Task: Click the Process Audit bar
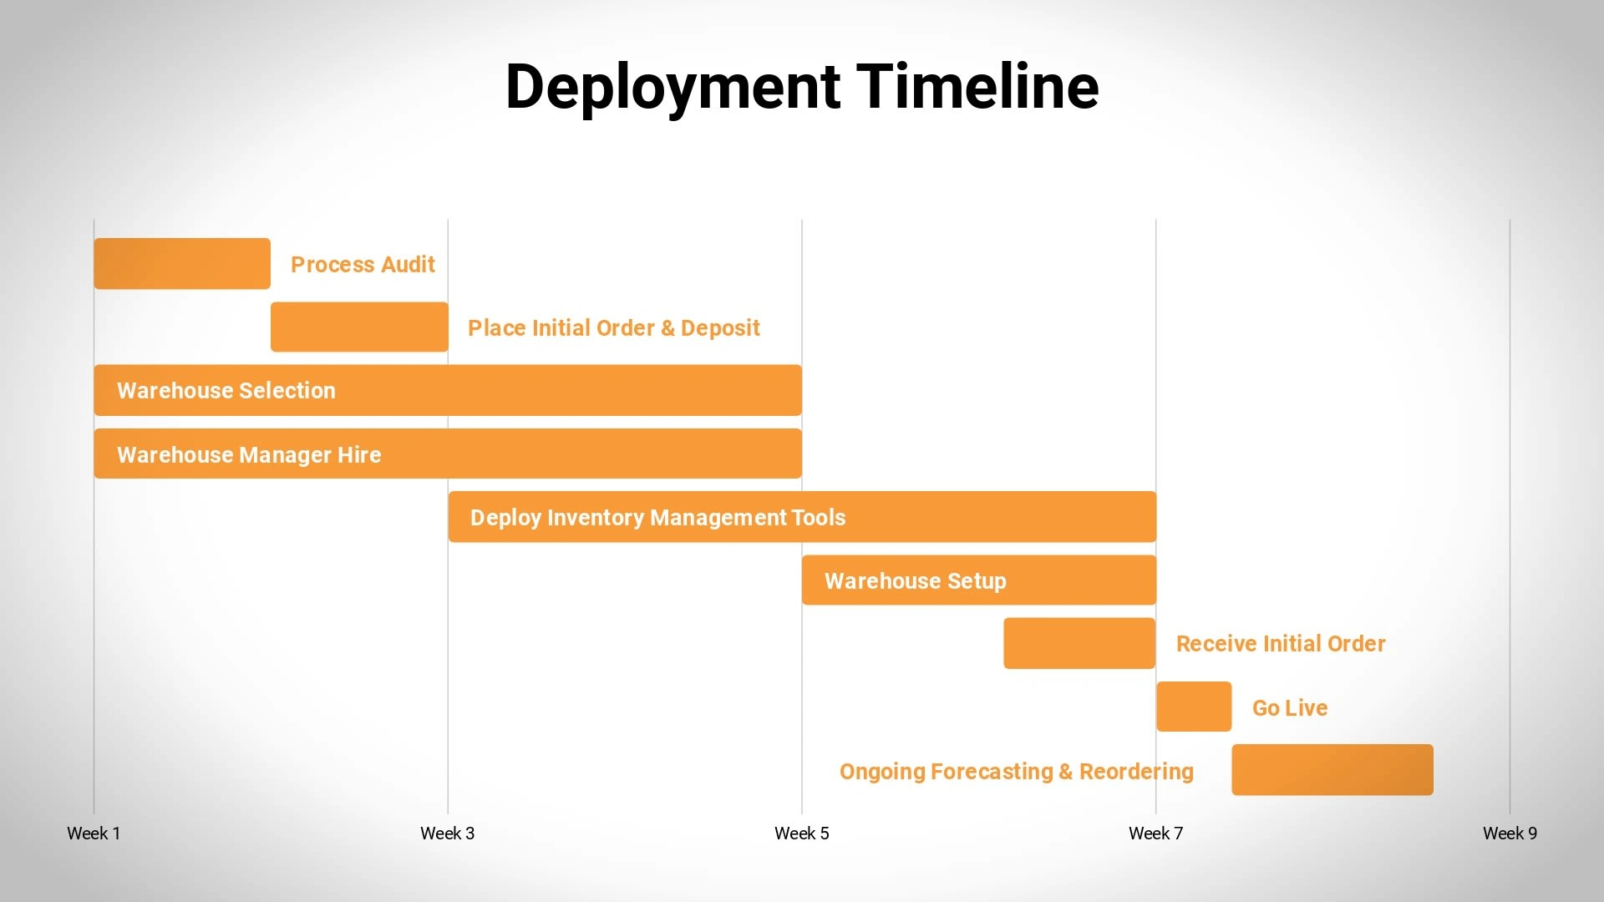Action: [x=182, y=264]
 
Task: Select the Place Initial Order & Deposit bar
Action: [x=359, y=327]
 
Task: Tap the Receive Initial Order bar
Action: [x=1079, y=643]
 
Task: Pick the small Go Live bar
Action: [x=1194, y=707]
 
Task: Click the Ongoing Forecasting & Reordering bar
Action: [x=1332, y=770]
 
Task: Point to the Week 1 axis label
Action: [x=94, y=834]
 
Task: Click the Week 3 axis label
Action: [x=447, y=834]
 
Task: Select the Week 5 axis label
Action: [x=802, y=834]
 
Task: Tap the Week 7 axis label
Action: [x=1155, y=834]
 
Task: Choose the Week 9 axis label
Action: [x=1510, y=834]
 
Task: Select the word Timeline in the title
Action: [x=978, y=86]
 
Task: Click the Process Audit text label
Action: [x=363, y=265]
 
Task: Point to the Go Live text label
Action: [x=1290, y=708]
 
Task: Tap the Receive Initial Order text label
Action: [x=1281, y=644]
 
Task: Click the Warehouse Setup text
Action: [x=916, y=581]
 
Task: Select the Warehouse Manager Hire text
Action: [x=249, y=455]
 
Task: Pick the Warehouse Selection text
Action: [x=226, y=391]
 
